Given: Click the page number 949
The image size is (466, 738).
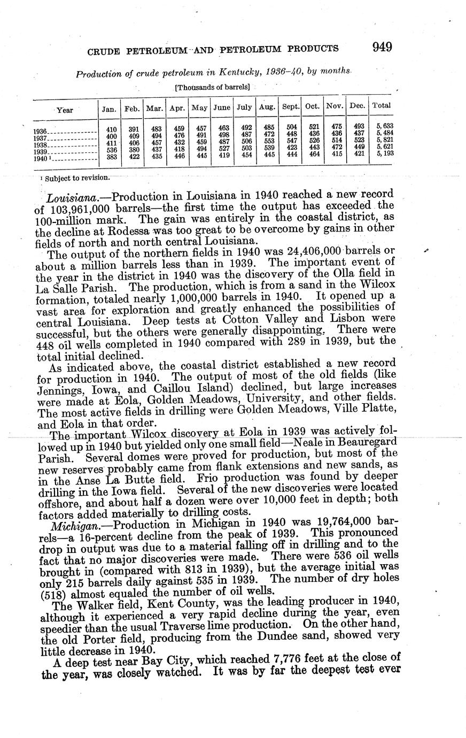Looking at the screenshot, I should click(x=383, y=47).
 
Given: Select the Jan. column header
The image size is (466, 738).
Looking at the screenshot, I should click(x=109, y=108).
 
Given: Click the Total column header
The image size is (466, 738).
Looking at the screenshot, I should click(x=381, y=105).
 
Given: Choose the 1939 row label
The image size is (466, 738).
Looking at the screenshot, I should click(x=41, y=152).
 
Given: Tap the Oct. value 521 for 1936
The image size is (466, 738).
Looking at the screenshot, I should click(x=314, y=127).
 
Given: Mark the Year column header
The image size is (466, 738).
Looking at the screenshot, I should click(x=65, y=110).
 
